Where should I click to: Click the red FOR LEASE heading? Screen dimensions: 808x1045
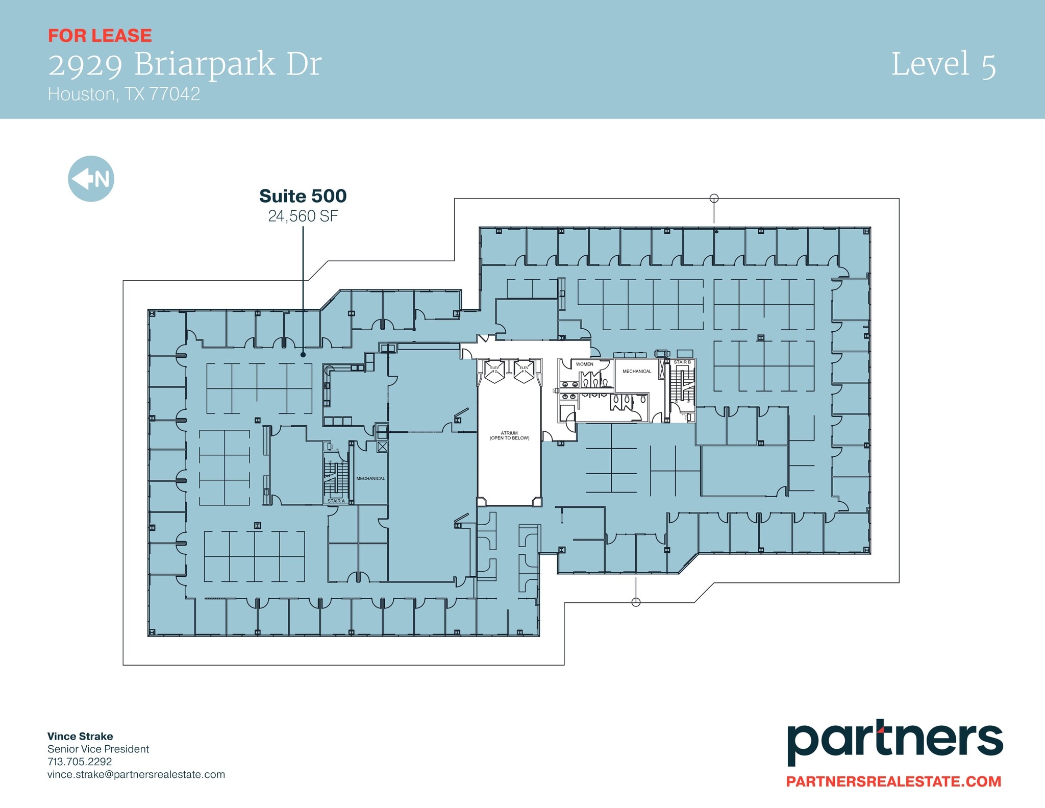coord(100,36)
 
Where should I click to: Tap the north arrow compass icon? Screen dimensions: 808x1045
coord(91,179)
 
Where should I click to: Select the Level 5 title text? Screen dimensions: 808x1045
coord(943,65)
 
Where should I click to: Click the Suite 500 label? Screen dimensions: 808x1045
coord(303,196)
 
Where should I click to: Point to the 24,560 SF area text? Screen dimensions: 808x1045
coord(303,216)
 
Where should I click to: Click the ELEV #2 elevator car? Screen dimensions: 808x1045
coord(494,371)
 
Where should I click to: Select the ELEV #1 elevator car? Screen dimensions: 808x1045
coord(524,371)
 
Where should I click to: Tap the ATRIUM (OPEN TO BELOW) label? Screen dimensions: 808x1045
coord(509,435)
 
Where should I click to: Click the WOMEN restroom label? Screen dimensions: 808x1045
coord(584,364)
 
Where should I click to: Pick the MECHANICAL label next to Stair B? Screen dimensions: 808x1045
coord(637,371)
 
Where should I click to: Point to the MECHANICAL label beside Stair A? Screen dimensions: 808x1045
coord(370,479)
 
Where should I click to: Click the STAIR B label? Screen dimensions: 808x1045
coord(682,362)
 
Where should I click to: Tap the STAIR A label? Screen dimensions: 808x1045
coord(336,501)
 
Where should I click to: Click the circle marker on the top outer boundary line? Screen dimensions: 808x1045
coord(714,199)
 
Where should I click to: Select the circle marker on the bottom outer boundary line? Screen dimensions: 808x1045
coord(636,602)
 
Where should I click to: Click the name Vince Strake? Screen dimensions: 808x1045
coord(80,736)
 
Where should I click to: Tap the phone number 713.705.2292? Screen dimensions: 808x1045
coord(80,762)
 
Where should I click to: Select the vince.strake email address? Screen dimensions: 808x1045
coord(136,774)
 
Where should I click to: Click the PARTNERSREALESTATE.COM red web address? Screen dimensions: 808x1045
coord(893,781)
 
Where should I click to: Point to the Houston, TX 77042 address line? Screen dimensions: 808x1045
coord(124,94)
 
